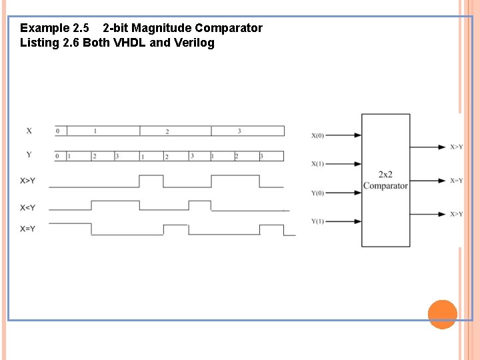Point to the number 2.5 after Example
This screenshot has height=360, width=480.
pos(80,28)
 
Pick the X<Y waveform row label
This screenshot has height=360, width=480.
pos(28,207)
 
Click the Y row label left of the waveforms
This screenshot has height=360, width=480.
pos(29,155)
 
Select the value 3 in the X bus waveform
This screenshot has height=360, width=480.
pos(239,131)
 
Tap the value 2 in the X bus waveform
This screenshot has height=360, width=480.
pos(167,131)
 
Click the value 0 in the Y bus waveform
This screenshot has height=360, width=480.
pos(57,156)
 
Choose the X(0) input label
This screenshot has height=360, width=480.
pos(317,136)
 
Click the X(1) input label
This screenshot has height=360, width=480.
pos(317,164)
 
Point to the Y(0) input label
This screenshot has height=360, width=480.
pos(317,193)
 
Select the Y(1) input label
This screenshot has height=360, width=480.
pos(317,221)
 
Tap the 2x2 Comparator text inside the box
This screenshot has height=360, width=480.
pos(385,181)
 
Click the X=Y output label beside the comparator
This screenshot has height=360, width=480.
pos(456,181)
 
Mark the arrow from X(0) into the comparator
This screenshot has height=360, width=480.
pos(344,135)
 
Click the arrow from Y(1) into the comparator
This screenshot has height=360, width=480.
pos(344,221)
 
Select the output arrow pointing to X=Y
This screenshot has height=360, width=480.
pos(428,180)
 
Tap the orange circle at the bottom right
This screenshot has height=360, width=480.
pos(442,314)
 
